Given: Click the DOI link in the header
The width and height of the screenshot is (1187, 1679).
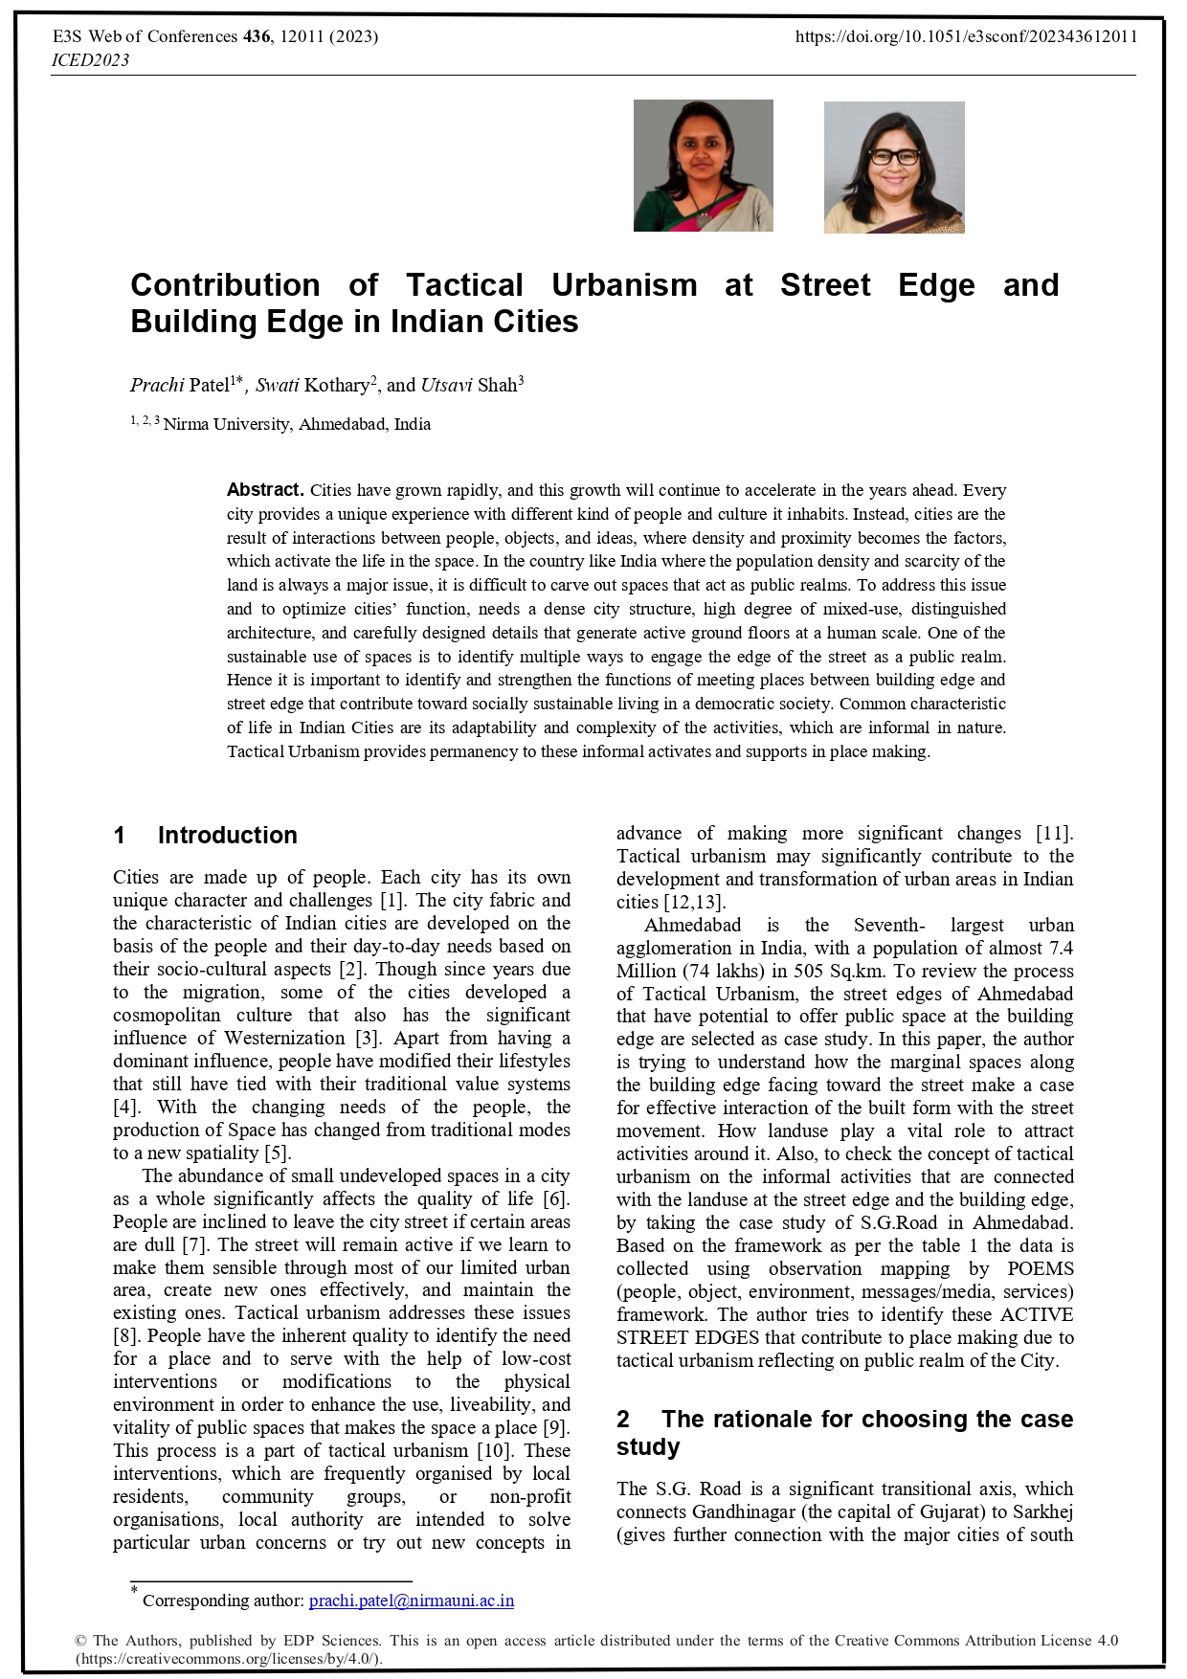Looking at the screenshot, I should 967,37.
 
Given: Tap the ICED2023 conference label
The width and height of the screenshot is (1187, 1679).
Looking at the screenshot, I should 90,60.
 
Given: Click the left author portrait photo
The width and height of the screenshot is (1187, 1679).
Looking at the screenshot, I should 703,166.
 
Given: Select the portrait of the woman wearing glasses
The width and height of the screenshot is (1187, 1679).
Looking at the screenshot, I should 894,168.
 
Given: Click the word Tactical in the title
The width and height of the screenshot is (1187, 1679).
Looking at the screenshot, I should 464,285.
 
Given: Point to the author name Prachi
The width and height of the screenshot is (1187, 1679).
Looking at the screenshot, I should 157,386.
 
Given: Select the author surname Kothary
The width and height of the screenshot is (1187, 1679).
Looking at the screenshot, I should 336,386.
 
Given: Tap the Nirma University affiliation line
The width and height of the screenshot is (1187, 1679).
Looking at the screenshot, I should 296,424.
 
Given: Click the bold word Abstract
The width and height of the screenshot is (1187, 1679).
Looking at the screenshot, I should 265,490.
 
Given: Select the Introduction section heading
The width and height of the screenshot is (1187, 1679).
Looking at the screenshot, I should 227,836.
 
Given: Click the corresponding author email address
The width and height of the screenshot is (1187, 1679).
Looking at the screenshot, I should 412,1601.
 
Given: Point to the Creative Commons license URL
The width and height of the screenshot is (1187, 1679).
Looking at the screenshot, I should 229,1659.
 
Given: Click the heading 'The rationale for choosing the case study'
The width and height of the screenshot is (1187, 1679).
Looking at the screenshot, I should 844,1433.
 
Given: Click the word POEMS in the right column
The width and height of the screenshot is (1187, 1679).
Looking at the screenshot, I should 1040,1269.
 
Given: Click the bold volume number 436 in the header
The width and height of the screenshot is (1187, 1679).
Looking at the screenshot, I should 257,37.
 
